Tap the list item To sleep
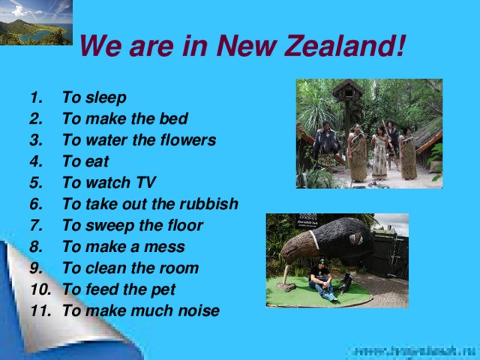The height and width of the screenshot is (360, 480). (94, 97)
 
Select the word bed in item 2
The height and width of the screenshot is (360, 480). (175, 118)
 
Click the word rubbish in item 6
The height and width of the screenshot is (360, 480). (210, 204)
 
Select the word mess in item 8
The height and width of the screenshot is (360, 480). (167, 247)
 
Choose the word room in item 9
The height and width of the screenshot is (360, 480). (181, 268)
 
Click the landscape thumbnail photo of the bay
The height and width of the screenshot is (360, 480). (36, 22)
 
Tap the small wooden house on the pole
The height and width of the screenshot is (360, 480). (348, 93)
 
